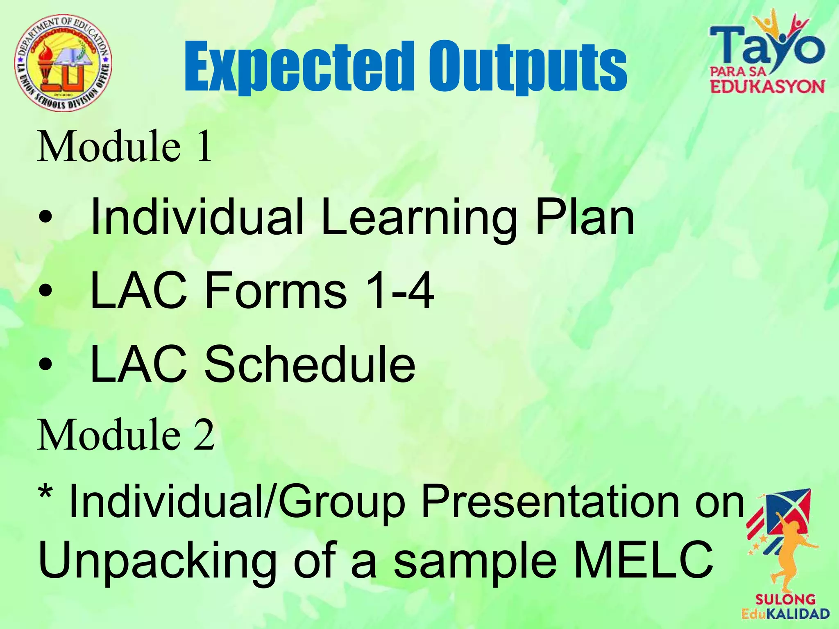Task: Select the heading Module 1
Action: [x=125, y=147]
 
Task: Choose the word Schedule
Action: [x=310, y=364]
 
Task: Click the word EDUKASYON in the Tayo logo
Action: [x=767, y=87]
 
